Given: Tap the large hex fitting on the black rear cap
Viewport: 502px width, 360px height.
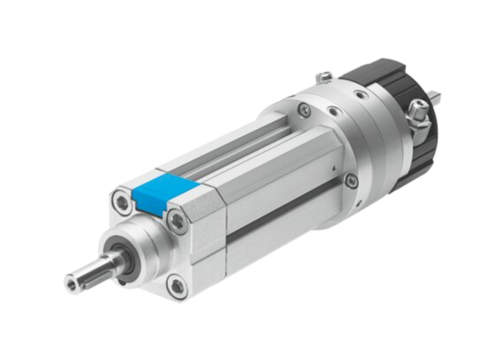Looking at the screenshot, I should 416,119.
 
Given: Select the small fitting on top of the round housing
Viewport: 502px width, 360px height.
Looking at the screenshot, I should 324,75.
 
